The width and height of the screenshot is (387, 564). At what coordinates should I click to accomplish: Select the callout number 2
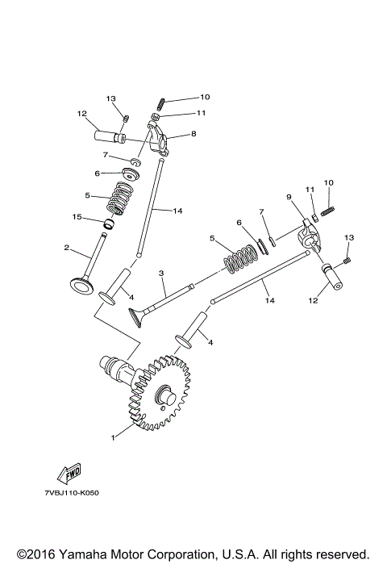[67, 248]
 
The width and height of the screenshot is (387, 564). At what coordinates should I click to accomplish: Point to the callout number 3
[161, 274]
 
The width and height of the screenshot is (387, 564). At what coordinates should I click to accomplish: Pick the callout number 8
[193, 135]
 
